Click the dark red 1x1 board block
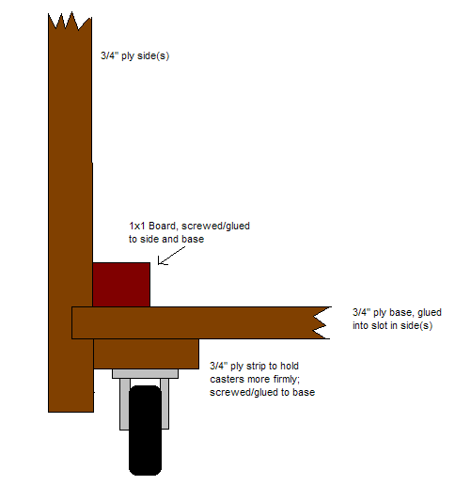[121, 285]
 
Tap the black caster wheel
[145, 431]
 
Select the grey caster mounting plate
[145, 374]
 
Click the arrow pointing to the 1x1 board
[172, 256]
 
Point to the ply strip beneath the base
[146, 353]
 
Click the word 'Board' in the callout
[163, 226]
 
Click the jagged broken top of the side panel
[70, 21]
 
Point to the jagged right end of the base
[322, 322]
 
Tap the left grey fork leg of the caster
[125, 404]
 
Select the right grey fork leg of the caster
[165, 403]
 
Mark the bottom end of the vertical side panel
[71, 412]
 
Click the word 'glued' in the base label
[430, 312]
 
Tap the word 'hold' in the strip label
[290, 366]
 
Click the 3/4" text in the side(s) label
[110, 55]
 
